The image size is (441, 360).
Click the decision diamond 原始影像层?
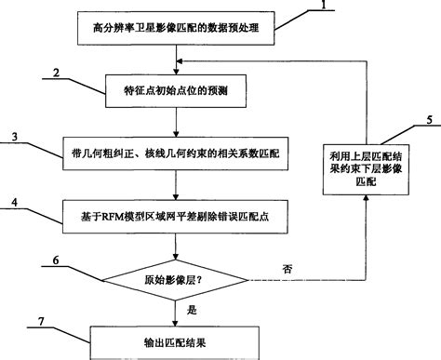pos(175,280)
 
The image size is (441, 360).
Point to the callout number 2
pos(58,73)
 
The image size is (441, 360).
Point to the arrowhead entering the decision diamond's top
pos(174,258)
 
